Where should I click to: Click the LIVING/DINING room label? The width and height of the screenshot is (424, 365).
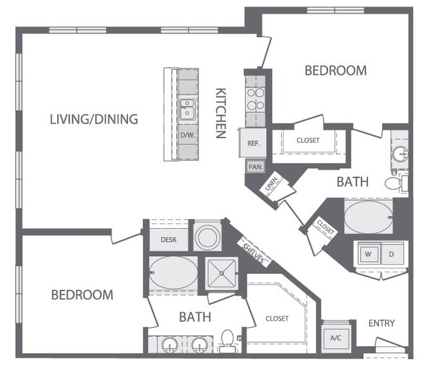coord(94,119)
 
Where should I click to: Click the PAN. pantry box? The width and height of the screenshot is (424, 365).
coord(254,167)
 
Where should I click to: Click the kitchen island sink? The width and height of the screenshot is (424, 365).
coord(187,109)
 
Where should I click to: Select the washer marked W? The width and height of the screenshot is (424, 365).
coord(367,254)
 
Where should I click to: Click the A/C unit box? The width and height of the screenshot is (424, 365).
coord(337,338)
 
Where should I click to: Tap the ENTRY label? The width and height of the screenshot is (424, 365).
coord(382,323)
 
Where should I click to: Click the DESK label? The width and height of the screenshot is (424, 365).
coord(168,239)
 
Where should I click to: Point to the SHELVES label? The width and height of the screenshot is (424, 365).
coord(254,251)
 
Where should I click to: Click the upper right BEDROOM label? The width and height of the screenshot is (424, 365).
coord(335,70)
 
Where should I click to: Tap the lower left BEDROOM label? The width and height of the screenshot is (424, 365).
coord(82,295)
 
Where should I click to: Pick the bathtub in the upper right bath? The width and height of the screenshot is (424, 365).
coord(368,216)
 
